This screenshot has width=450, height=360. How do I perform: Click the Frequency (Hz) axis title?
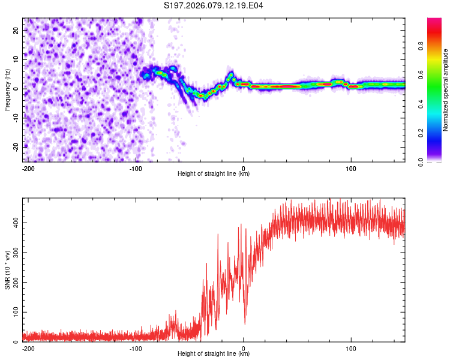[x=7, y=89]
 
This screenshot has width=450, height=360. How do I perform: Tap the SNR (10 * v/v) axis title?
[x=7, y=269]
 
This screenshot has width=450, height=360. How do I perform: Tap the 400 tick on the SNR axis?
[x=14, y=223]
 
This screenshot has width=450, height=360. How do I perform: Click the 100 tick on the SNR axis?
[x=14, y=313]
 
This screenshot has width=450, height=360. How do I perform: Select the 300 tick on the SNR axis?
[x=14, y=253]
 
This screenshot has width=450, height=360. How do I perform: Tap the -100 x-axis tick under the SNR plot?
[x=136, y=349]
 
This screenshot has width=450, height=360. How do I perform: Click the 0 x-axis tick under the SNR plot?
[x=244, y=349]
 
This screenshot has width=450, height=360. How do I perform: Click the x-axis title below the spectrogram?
[x=214, y=174]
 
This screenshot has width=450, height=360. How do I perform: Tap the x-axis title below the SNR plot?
[x=214, y=354]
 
